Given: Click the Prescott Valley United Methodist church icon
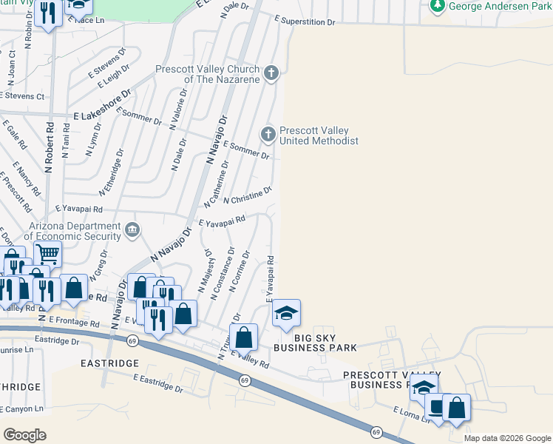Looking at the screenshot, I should tap(268, 134).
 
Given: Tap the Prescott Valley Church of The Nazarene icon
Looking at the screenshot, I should tap(272, 73).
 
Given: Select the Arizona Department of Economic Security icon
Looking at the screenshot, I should tap(132, 229).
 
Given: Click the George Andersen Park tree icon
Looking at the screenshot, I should tap(438, 6).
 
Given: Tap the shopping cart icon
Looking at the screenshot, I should tap(47, 254).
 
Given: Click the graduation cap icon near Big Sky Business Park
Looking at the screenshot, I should tap(286, 312).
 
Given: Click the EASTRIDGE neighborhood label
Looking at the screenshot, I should tap(112, 363).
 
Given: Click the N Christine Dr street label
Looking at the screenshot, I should tap(248, 195).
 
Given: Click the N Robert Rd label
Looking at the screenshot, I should tap(50, 147).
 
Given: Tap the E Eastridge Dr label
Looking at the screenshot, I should tap(158, 382).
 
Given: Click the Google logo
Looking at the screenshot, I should tap(24, 434).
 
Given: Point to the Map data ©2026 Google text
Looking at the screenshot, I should tap(506, 438).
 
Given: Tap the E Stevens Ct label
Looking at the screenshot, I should tap(22, 95).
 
